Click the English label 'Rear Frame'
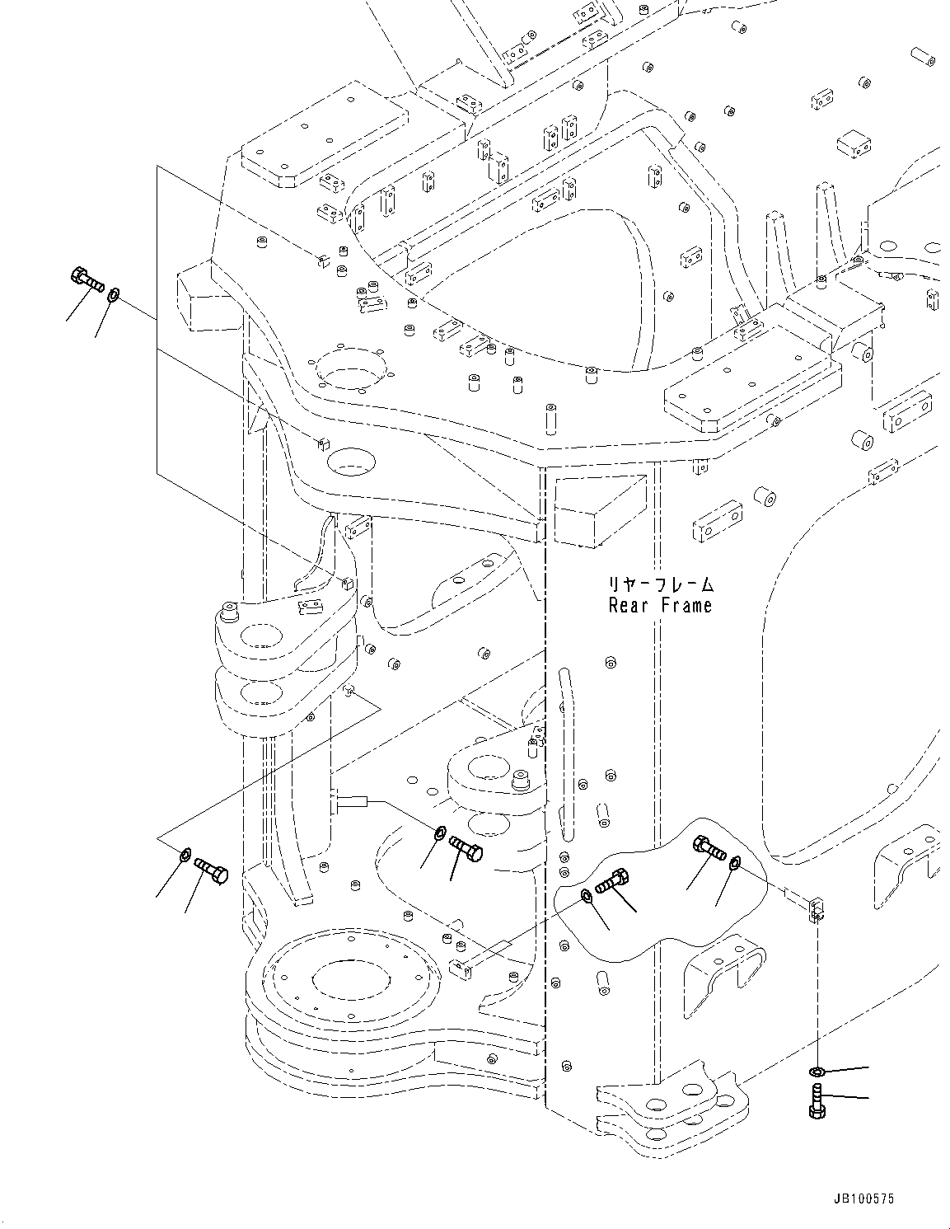[660, 606]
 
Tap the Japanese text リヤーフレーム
[661, 584]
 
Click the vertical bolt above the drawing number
[816, 1101]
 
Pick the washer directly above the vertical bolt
[816, 1072]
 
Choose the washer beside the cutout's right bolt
[735, 863]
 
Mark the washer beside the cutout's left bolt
[585, 896]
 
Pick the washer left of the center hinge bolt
[440, 832]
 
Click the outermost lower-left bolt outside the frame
[210, 870]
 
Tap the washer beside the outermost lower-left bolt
[185, 852]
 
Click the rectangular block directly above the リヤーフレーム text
[596, 514]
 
